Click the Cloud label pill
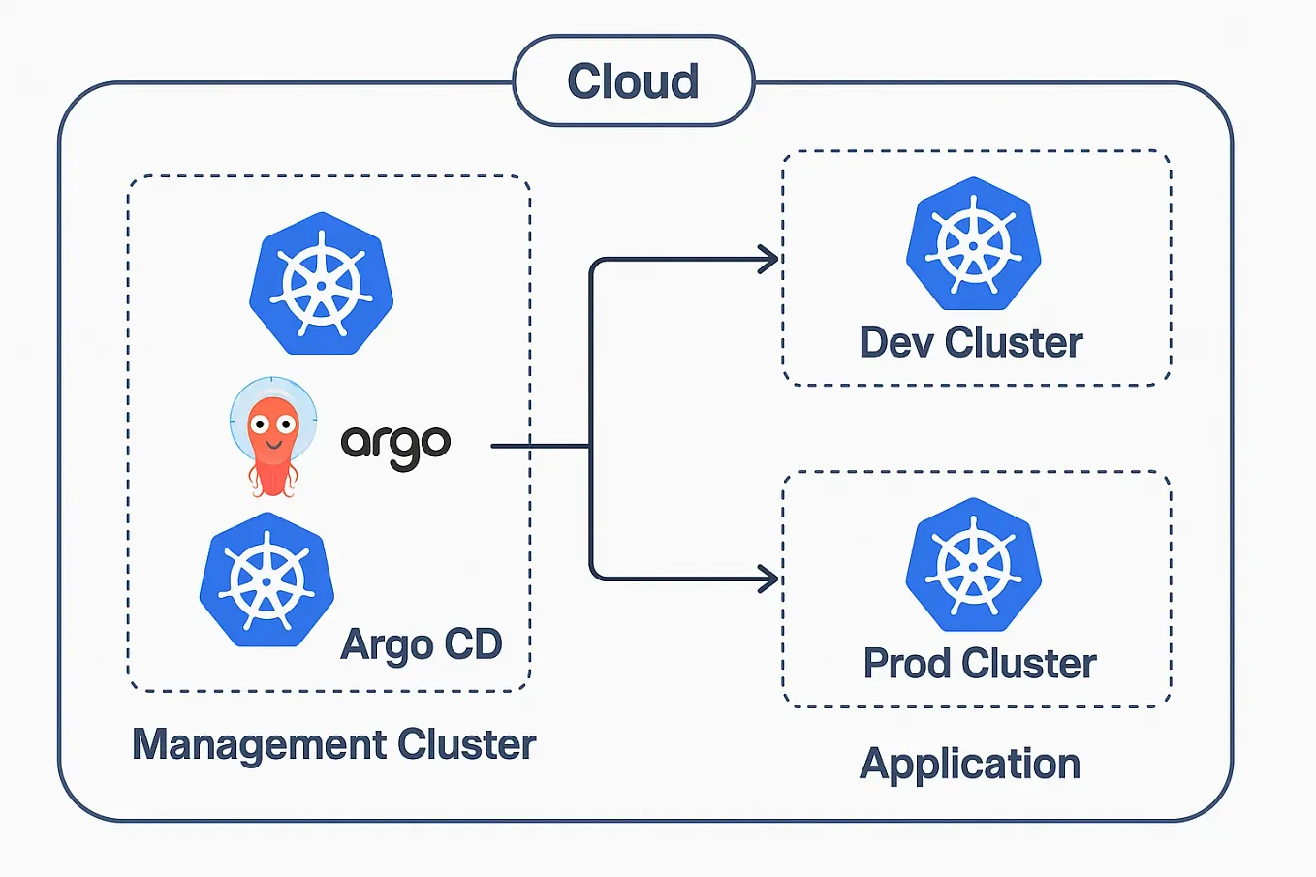(633, 81)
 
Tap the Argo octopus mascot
(273, 435)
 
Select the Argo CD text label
(422, 644)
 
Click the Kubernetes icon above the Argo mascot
(321, 284)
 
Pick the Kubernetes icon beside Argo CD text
(266, 579)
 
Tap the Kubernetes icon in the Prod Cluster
(973, 565)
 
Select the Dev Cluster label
(971, 343)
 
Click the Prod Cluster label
(979, 664)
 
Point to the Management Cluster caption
(333, 744)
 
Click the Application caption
(970, 765)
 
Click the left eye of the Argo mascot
(260, 423)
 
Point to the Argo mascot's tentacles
(273, 477)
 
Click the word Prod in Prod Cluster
(907, 664)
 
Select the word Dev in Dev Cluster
(896, 343)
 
